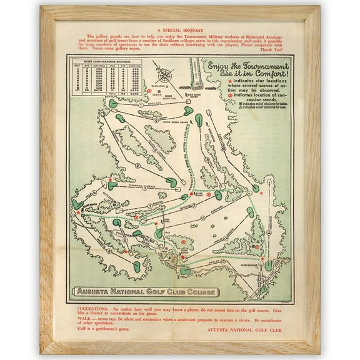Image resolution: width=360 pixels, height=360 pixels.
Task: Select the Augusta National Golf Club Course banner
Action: click(x=145, y=291)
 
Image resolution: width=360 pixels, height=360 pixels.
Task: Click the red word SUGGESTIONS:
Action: click(x=92, y=309)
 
